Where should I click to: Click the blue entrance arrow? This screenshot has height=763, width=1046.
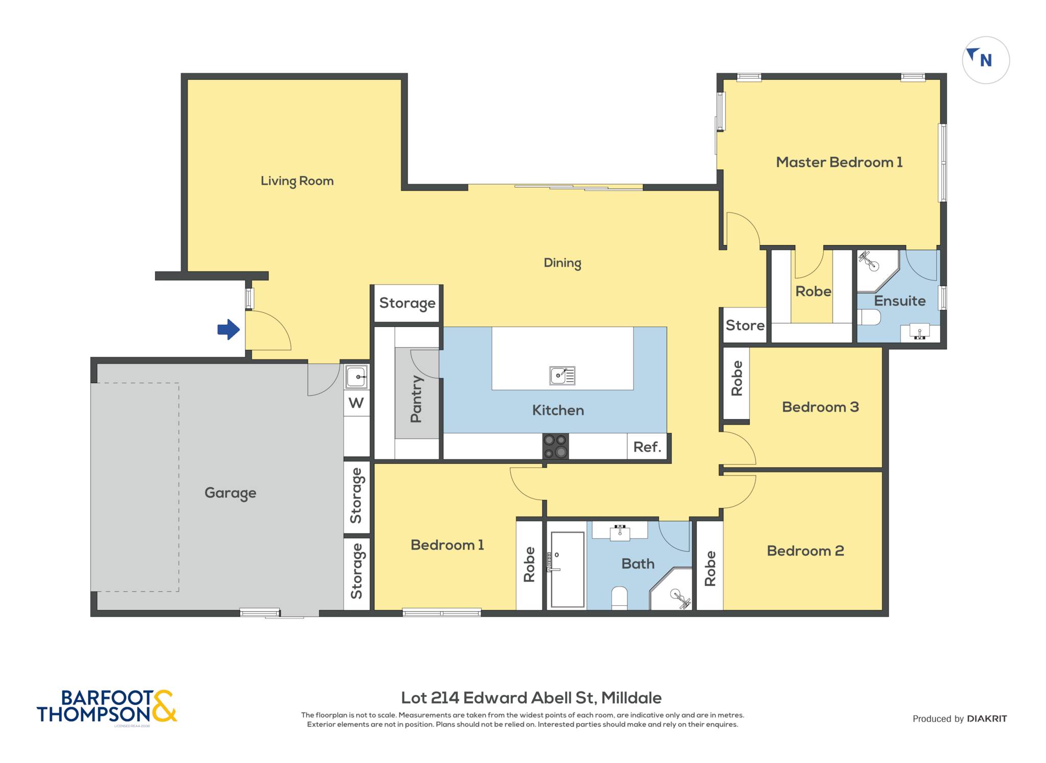[228, 329]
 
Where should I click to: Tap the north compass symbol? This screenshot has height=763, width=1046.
[986, 60]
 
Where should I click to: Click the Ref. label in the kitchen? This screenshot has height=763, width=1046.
[647, 447]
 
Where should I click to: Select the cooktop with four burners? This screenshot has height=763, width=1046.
[555, 446]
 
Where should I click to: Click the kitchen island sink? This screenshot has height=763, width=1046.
[562, 375]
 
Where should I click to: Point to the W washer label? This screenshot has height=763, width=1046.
[356, 403]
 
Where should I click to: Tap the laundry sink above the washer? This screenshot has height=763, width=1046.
[356, 377]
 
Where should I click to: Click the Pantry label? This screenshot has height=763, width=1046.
[417, 399]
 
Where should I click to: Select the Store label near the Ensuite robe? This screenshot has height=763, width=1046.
[745, 325]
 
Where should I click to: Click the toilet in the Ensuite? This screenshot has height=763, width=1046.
[869, 318]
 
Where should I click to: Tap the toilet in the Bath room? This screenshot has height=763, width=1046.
[619, 598]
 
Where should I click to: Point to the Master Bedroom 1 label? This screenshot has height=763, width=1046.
[839, 162]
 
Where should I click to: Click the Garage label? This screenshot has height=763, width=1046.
[230, 493]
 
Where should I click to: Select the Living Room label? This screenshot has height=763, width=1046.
[297, 181]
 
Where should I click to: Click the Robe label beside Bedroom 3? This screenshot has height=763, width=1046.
[736, 378]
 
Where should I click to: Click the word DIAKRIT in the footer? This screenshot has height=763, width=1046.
[987, 719]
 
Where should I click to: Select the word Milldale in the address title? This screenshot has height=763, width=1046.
[631, 698]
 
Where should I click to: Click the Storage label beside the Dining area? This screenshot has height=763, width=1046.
[407, 303]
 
